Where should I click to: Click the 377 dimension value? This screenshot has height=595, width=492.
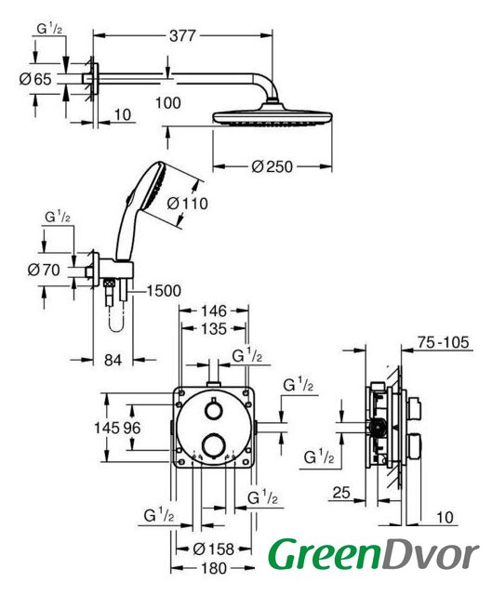coord(182,35)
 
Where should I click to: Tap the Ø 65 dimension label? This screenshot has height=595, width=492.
coord(35,79)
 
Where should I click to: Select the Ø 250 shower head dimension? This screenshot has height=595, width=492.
coord(272,166)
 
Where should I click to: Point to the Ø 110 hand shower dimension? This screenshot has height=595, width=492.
coord(188,204)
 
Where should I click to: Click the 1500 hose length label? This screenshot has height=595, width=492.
coord(164,291)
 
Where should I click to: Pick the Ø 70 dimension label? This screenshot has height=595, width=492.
coord(44,270)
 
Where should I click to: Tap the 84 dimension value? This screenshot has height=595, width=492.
coord(113,360)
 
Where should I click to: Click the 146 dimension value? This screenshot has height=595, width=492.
coord(214,311)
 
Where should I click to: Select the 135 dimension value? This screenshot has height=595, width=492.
coord(214,328)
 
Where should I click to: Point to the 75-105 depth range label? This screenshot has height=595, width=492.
coord(443,342)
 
